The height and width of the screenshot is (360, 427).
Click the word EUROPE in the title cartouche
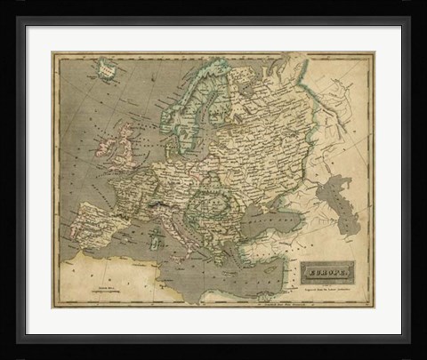point(329,269)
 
